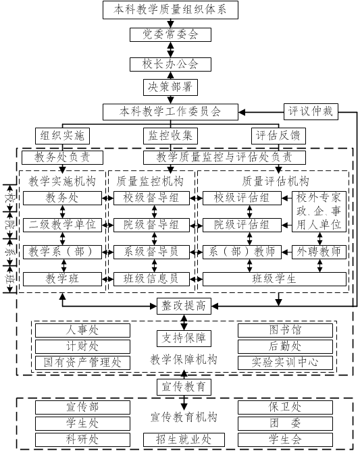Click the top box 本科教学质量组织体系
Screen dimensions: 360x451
(x=170, y=10)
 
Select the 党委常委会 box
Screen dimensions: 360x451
(x=170, y=34)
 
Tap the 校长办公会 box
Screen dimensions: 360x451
(x=170, y=64)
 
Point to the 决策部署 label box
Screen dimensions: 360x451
(x=170, y=87)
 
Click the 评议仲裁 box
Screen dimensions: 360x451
(x=311, y=111)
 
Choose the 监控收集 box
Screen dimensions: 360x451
(x=170, y=136)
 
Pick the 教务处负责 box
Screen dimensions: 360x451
(x=62, y=157)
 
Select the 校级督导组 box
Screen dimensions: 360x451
(x=151, y=198)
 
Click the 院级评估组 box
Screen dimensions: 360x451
(x=242, y=225)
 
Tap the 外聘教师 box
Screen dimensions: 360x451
(x=319, y=252)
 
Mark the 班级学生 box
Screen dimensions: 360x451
(x=274, y=279)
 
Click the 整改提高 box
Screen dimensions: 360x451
(x=184, y=306)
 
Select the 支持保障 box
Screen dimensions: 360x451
(x=184, y=338)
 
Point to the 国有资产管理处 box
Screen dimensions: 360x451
(x=82, y=363)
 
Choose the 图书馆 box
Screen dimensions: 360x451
(x=285, y=330)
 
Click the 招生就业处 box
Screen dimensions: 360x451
(x=184, y=440)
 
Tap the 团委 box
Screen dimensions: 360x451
(x=285, y=423)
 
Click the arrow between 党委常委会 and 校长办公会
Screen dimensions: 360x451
(x=171, y=50)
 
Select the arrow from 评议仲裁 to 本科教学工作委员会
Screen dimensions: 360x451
(x=261, y=112)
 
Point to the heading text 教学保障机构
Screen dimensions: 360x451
(x=184, y=360)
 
